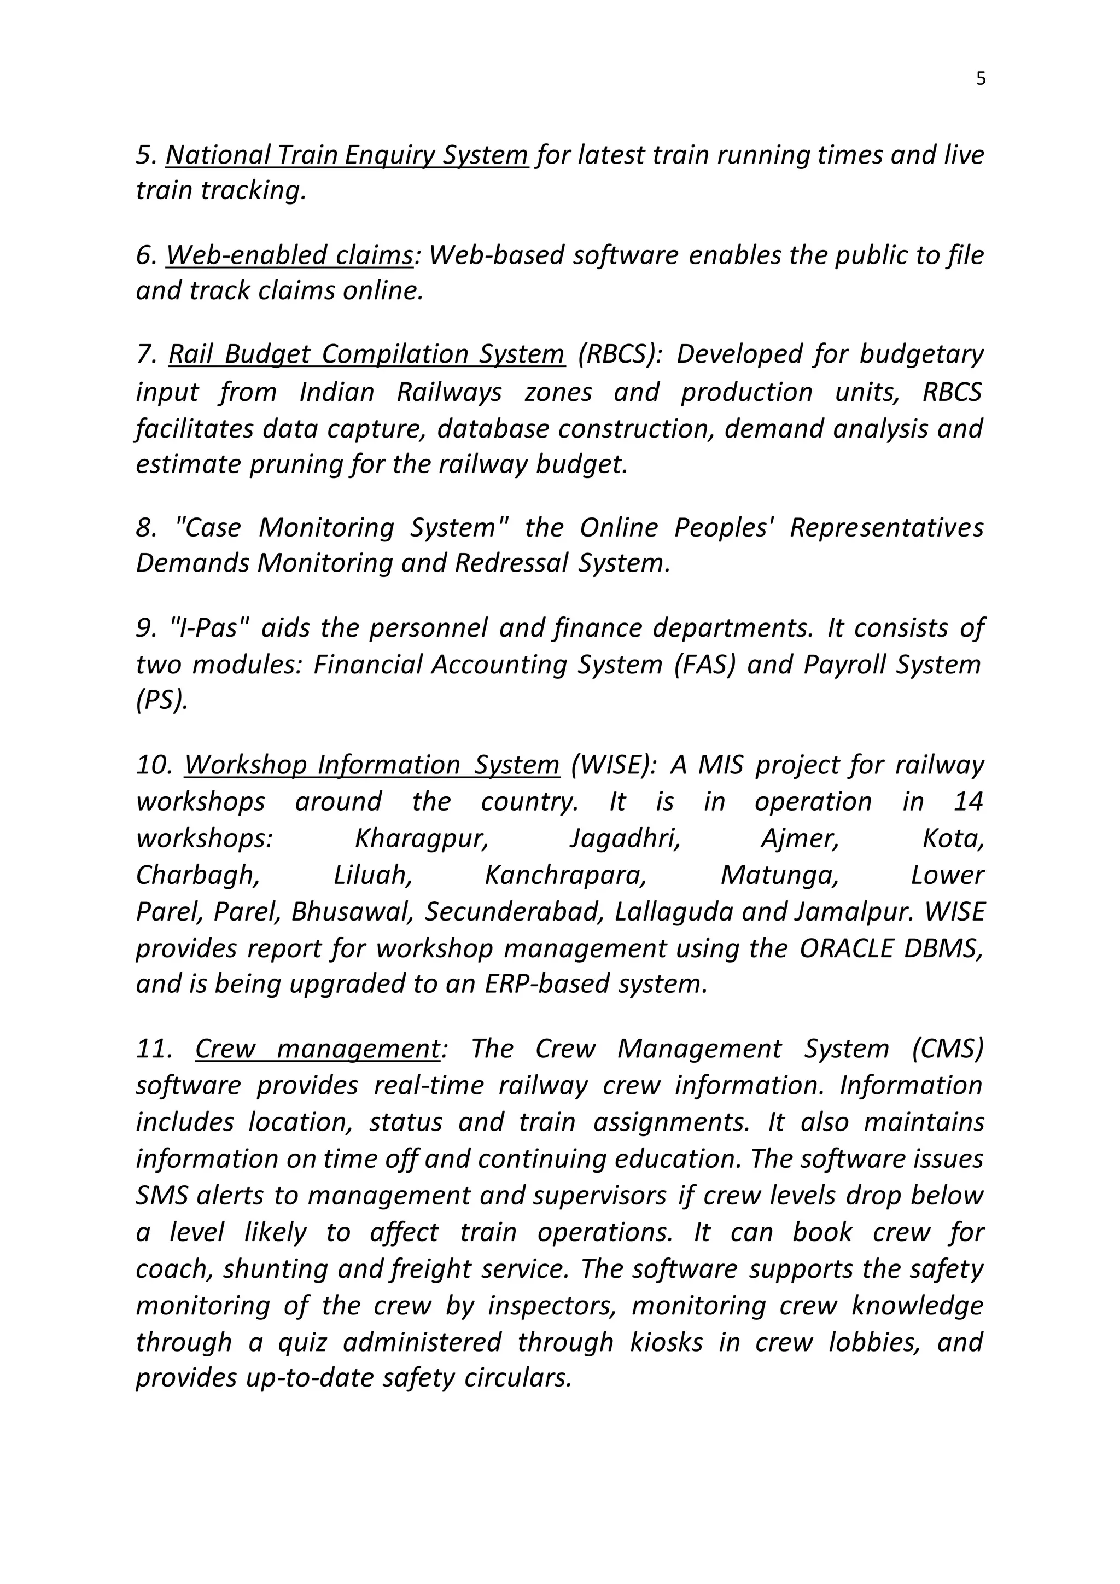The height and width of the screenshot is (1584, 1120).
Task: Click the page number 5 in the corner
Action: click(x=981, y=79)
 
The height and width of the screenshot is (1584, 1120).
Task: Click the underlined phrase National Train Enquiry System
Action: click(x=347, y=155)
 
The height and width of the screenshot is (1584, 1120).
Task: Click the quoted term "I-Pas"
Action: click(x=209, y=628)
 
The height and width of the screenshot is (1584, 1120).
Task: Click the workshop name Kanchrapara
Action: click(x=565, y=875)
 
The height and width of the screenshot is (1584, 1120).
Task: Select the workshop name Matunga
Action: click(x=779, y=875)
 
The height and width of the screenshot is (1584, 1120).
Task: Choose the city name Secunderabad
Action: click(x=515, y=911)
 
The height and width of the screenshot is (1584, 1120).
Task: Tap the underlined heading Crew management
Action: click(x=317, y=1049)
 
